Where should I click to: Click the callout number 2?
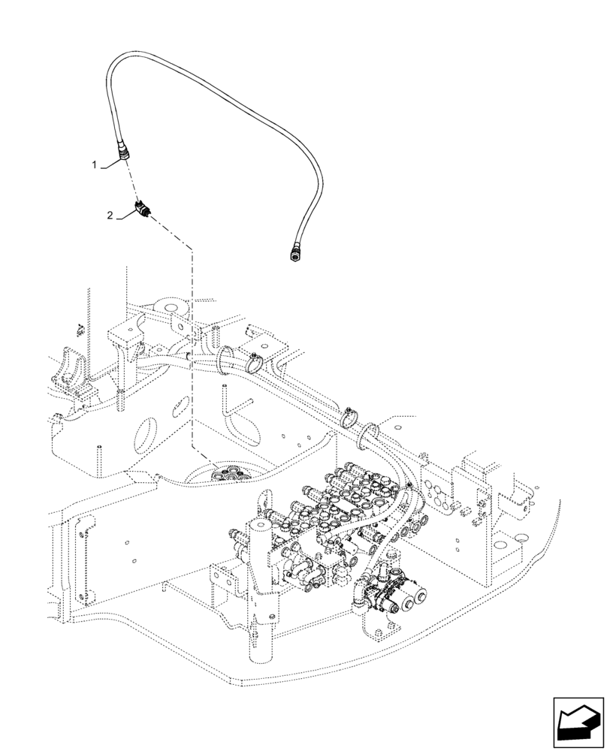pyautogui.click(x=110, y=216)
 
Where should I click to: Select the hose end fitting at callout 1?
pyautogui.click(x=123, y=155)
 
